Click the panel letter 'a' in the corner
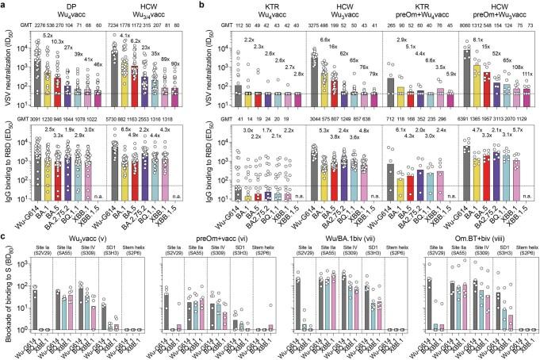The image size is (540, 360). click(x=4, y=6)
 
